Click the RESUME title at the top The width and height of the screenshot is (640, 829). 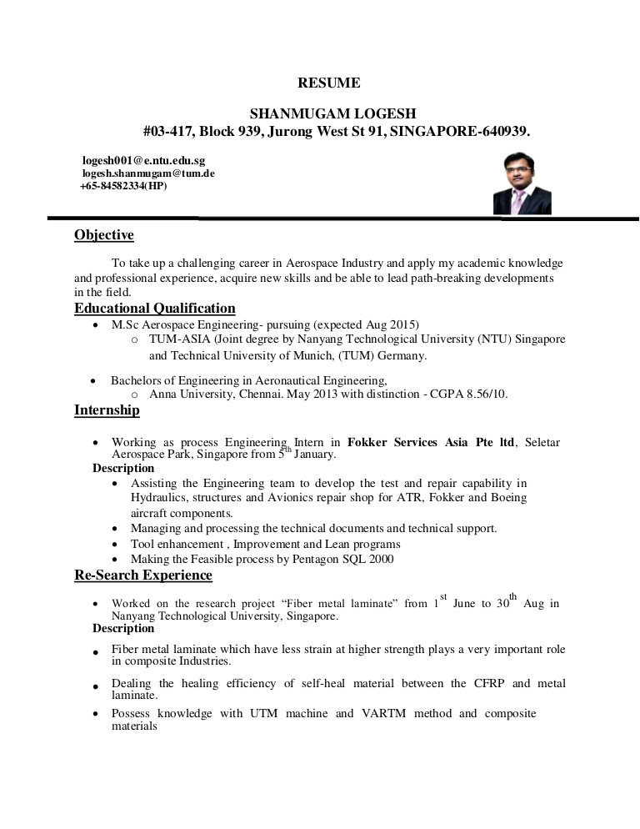329,83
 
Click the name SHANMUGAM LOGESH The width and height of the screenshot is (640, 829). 333,113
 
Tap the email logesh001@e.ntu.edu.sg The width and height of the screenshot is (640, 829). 143,159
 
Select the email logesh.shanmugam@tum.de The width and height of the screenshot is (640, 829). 148,173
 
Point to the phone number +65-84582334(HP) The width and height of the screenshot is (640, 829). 123,186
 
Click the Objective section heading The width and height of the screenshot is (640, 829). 103,235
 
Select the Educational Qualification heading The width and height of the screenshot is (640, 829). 154,309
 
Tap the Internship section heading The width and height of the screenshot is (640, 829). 107,410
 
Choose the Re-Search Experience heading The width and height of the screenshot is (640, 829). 142,575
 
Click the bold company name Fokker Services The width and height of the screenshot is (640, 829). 392,442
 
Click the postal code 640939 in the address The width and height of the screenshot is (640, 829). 502,132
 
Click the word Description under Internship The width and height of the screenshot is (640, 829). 122,469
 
